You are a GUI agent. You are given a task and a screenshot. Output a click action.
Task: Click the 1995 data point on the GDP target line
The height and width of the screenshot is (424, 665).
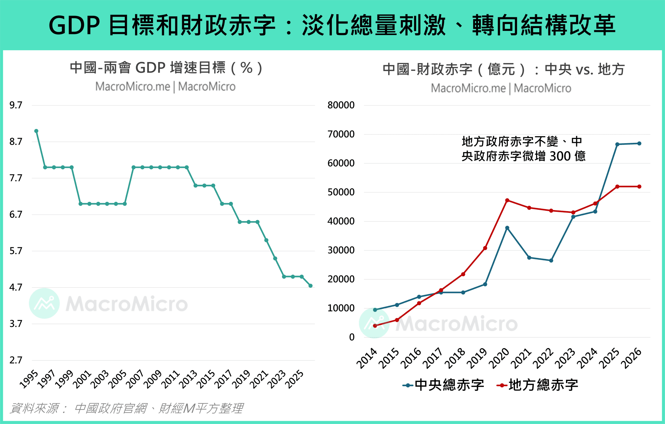click(x=36, y=131)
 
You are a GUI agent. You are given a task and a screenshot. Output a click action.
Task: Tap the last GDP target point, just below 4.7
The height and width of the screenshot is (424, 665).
click(x=310, y=286)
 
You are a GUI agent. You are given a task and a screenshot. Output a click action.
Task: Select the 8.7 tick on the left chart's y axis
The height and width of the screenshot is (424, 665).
click(x=16, y=141)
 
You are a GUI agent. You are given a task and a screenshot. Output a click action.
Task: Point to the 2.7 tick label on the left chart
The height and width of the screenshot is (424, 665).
click(x=16, y=360)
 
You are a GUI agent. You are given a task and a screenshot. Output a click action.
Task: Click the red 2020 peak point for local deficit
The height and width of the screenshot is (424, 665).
click(x=507, y=200)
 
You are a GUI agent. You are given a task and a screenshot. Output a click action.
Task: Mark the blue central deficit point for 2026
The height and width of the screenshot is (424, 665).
click(x=639, y=144)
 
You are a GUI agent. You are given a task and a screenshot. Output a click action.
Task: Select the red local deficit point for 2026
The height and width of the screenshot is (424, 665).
click(x=639, y=187)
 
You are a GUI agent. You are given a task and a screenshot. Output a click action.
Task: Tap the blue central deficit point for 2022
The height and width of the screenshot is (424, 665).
click(x=551, y=260)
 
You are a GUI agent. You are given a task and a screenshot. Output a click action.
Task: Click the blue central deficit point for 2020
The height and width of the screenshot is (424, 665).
click(x=507, y=228)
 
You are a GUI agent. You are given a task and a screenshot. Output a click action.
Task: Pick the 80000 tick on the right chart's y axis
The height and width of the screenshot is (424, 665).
click(x=341, y=105)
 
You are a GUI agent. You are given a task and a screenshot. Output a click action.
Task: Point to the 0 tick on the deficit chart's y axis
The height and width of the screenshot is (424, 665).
click(x=352, y=337)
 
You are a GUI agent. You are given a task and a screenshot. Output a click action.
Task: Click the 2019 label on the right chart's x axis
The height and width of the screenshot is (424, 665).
click(x=477, y=358)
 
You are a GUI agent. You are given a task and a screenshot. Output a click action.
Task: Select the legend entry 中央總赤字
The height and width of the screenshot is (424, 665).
click(x=443, y=385)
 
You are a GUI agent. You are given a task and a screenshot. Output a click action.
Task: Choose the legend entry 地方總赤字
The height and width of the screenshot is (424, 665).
click(x=538, y=385)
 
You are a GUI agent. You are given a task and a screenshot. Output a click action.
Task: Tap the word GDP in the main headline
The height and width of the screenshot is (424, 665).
click(x=74, y=25)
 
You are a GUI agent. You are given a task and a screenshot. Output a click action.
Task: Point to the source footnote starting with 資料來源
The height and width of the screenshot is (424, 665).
click(x=126, y=408)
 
